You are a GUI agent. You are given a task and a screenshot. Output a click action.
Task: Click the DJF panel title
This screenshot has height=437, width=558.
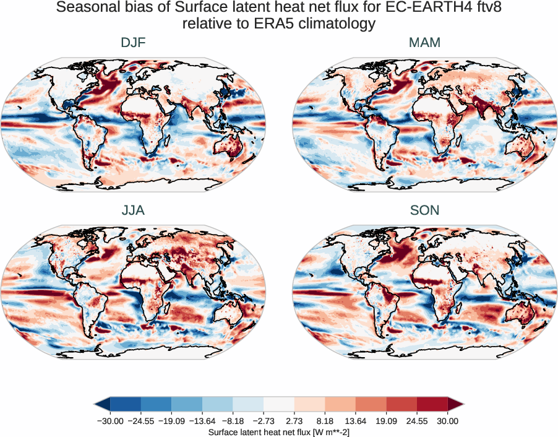(133, 43)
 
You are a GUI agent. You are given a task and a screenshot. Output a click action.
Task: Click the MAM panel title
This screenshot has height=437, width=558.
(424, 43)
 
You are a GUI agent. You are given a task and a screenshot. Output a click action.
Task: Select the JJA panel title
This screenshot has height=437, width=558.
(133, 210)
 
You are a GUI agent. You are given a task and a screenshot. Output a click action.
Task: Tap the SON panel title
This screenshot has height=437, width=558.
(424, 210)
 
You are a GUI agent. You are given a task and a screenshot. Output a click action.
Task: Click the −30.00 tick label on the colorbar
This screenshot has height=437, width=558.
(110, 421)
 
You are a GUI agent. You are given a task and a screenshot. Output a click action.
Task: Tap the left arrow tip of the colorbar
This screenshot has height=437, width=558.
(97, 404)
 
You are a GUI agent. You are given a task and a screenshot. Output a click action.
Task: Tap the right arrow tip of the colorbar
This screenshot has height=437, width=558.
(461, 404)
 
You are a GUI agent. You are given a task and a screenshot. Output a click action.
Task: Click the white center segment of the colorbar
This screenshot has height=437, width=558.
(278, 404)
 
